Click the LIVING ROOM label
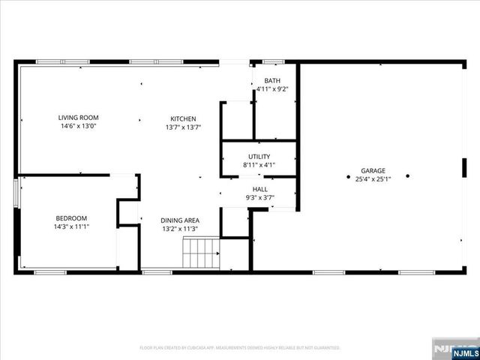(79, 118)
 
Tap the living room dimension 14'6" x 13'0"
(79, 127)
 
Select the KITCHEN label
(183, 118)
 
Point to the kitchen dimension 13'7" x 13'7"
(183, 127)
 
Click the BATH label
(271, 80)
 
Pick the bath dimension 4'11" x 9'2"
(271, 89)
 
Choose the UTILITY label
(259, 156)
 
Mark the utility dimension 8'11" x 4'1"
(259, 165)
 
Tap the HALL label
(259, 190)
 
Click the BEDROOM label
(71, 217)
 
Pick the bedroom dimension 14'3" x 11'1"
(71, 226)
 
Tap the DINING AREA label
(180, 220)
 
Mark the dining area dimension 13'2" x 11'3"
(180, 229)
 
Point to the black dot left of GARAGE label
(348, 177)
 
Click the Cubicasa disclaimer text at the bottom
(240, 348)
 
